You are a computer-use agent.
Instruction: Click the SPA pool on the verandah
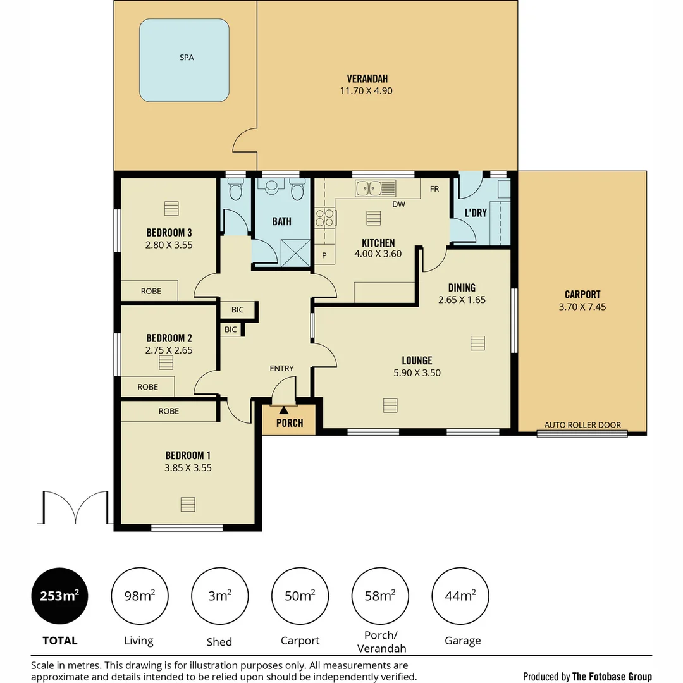click(184, 60)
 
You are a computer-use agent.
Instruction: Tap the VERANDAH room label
click(367, 78)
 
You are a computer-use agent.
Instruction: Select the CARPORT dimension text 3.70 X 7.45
click(582, 307)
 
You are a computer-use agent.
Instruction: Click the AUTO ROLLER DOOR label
click(582, 425)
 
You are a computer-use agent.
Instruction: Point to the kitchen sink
click(375, 188)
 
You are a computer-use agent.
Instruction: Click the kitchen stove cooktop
click(325, 218)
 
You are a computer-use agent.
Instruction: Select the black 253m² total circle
click(59, 596)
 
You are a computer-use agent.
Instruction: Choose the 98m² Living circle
click(139, 596)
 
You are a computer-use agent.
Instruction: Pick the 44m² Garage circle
click(460, 596)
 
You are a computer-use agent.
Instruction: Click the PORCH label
click(289, 423)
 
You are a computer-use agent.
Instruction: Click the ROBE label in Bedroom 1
click(169, 411)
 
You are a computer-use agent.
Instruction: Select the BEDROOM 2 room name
click(169, 338)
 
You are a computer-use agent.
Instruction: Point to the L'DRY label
click(476, 212)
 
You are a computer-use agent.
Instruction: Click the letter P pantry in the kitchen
click(324, 255)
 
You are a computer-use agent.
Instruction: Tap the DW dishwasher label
click(398, 204)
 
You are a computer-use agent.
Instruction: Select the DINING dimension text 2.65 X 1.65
click(462, 300)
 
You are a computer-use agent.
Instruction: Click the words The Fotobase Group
click(612, 676)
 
